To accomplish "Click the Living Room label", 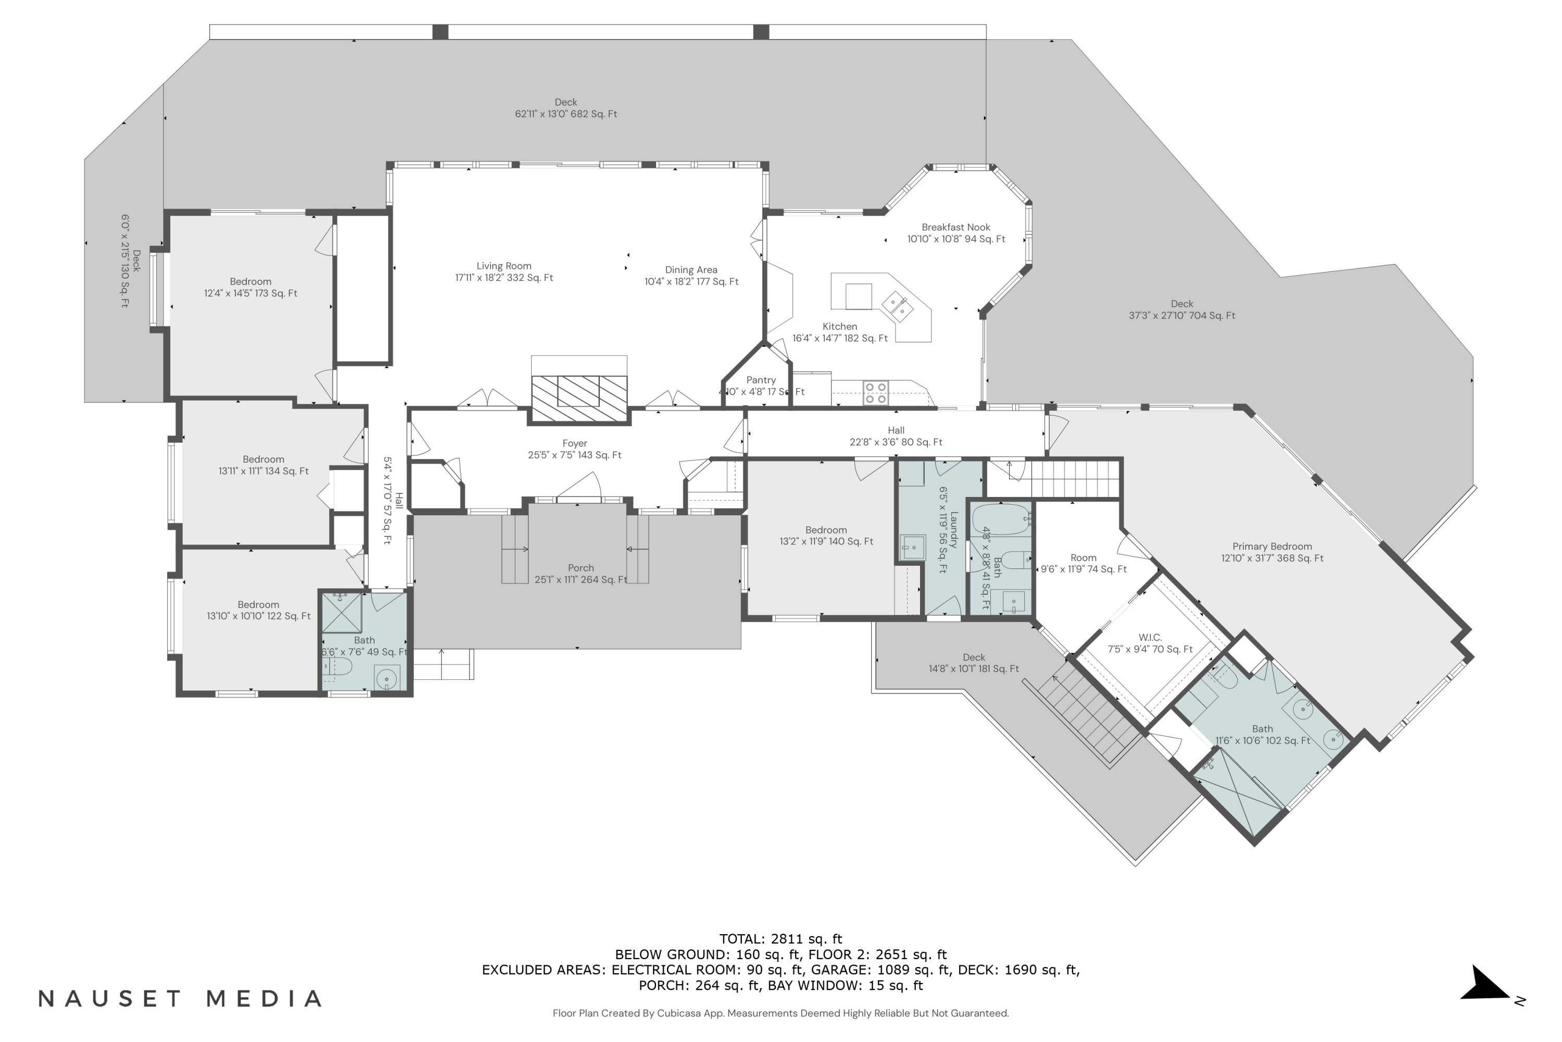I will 503,272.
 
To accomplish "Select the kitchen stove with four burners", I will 875,393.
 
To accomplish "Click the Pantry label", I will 761,386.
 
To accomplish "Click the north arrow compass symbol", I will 1488,986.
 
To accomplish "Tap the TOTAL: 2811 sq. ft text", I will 780,938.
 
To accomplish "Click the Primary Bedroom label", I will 1272,552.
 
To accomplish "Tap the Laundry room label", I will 948,530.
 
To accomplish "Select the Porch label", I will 581,574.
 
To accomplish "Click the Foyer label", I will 574,449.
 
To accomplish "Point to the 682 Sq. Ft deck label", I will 566,108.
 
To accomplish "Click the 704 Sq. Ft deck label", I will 1181,309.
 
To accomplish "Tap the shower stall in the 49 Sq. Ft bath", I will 342,612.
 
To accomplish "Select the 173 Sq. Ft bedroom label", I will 250,287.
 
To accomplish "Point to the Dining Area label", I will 691,276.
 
